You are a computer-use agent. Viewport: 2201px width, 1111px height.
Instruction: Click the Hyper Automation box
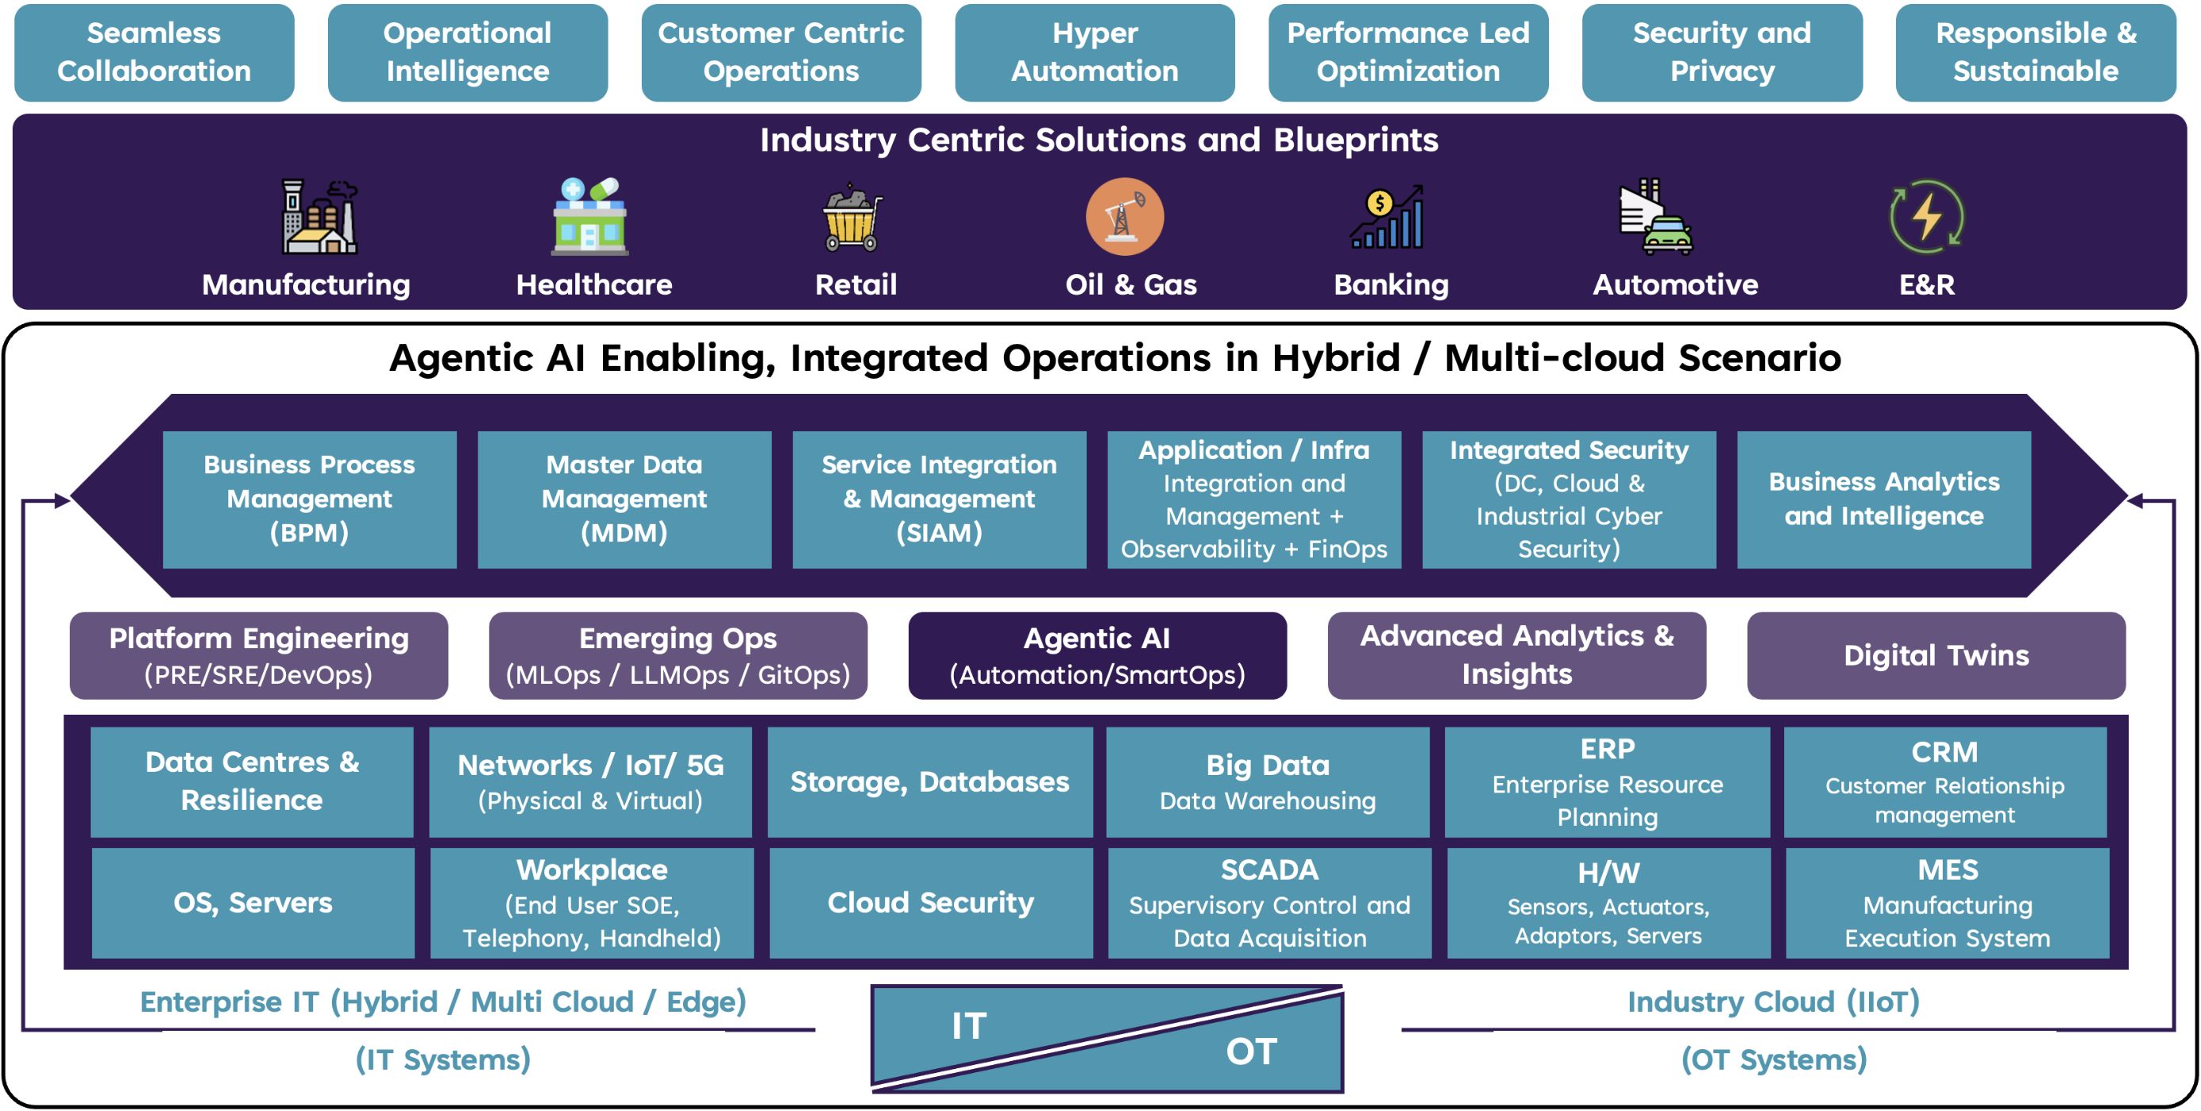(x=1094, y=52)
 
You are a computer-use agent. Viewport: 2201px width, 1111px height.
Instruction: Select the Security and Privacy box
(x=1722, y=52)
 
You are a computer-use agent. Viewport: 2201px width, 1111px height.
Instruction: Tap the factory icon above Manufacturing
(x=319, y=216)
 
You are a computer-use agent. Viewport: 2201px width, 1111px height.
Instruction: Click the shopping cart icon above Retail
(x=852, y=217)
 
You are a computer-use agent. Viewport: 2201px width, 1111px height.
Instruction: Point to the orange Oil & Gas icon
(x=1124, y=217)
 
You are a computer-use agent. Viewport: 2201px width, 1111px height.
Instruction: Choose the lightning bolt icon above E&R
(x=1927, y=216)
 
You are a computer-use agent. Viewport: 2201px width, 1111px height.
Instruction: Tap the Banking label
(x=1391, y=284)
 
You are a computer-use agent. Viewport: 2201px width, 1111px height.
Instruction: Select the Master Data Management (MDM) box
(x=624, y=500)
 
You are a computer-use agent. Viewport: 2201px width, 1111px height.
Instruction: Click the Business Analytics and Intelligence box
(x=1884, y=500)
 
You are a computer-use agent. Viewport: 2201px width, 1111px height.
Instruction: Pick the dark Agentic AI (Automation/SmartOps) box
(x=1097, y=655)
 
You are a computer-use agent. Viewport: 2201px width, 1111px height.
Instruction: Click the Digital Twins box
(x=1936, y=655)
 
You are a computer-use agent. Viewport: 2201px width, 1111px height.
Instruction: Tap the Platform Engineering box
(x=259, y=655)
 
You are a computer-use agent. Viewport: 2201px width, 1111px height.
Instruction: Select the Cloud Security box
(x=930, y=903)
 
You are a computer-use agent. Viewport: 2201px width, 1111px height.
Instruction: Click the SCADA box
(x=1270, y=903)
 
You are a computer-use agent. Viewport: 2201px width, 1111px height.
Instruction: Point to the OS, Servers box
(x=253, y=903)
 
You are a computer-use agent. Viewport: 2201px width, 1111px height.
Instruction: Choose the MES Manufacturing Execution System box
(x=1947, y=903)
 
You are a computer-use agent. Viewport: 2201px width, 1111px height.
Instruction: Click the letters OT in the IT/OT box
(x=1251, y=1052)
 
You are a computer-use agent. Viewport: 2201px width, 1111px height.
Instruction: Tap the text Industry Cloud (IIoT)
(x=1774, y=1002)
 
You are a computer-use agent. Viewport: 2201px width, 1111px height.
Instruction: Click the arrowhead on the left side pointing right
(x=63, y=501)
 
